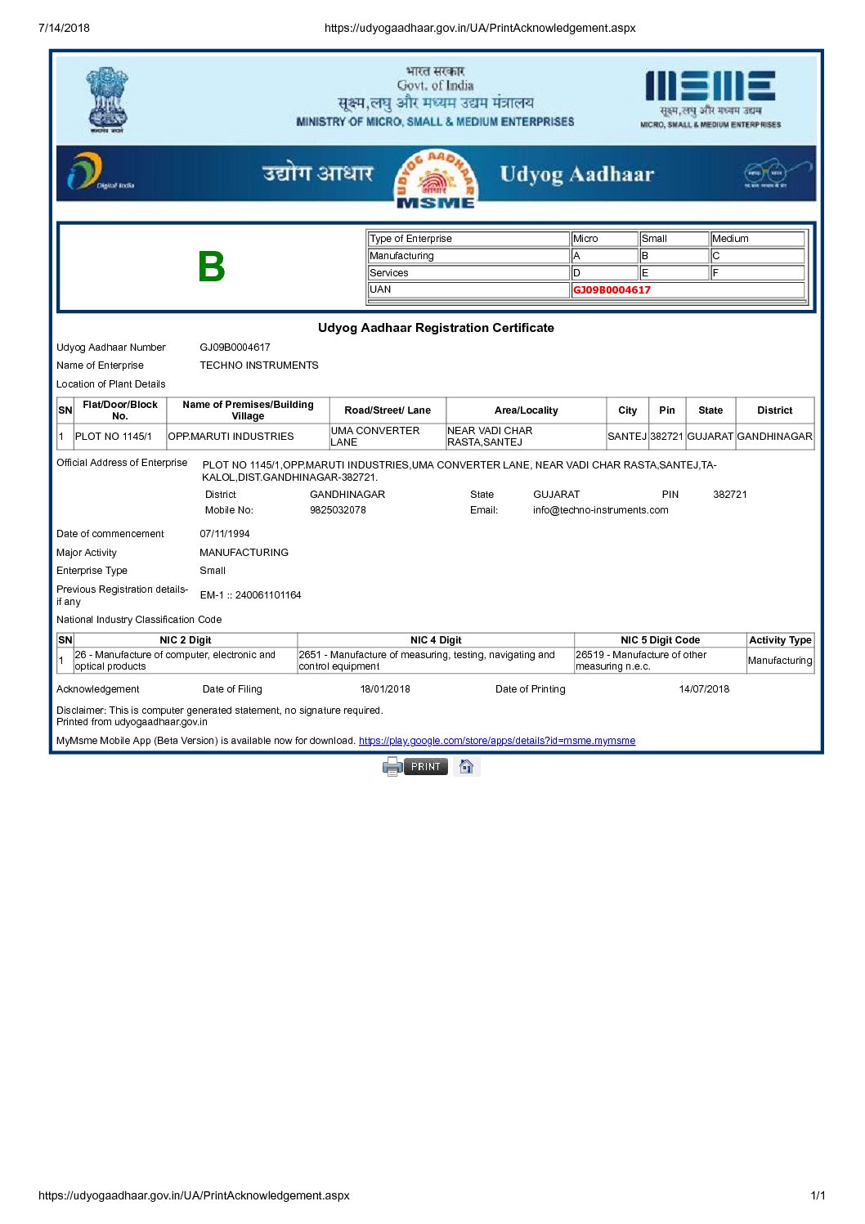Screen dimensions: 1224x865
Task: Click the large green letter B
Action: tap(211, 267)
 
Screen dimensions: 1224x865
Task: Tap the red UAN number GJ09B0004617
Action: tap(612, 290)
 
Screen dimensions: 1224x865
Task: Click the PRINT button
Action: tap(425, 767)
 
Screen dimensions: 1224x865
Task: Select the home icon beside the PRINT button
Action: tap(466, 767)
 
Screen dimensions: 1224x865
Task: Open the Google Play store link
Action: tap(496, 741)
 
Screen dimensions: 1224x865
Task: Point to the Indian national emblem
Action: tap(107, 99)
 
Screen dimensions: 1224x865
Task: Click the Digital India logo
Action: tap(98, 173)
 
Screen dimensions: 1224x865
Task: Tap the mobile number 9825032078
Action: tap(338, 510)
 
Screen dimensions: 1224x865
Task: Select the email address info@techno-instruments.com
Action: tap(600, 510)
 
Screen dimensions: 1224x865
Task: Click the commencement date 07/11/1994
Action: tap(225, 534)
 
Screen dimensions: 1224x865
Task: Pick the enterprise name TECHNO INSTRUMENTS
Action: tap(259, 365)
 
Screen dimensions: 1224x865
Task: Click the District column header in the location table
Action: tap(774, 410)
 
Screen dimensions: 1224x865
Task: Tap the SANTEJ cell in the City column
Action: tap(627, 437)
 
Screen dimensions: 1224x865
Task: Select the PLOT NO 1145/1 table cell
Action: tap(114, 437)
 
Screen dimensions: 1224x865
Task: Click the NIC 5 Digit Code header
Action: tap(660, 640)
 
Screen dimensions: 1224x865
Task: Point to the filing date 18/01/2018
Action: tap(385, 689)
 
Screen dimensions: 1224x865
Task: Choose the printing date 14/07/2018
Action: tap(704, 689)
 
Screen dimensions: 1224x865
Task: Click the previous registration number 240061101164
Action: tap(268, 595)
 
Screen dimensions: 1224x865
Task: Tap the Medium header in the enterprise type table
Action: tap(730, 239)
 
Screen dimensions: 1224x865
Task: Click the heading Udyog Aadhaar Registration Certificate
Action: tap(436, 328)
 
